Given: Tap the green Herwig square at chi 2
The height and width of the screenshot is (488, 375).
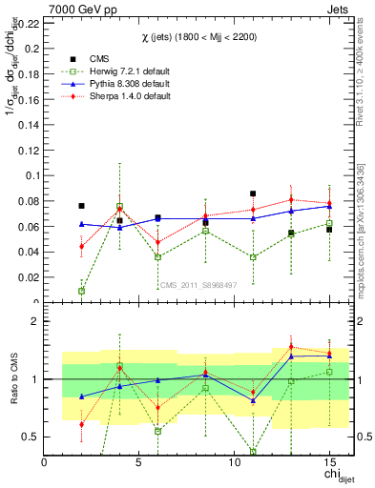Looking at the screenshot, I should pyautogui.click(x=81, y=291).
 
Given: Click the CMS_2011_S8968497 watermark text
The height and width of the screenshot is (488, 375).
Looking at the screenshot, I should pyautogui.click(x=198, y=284).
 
